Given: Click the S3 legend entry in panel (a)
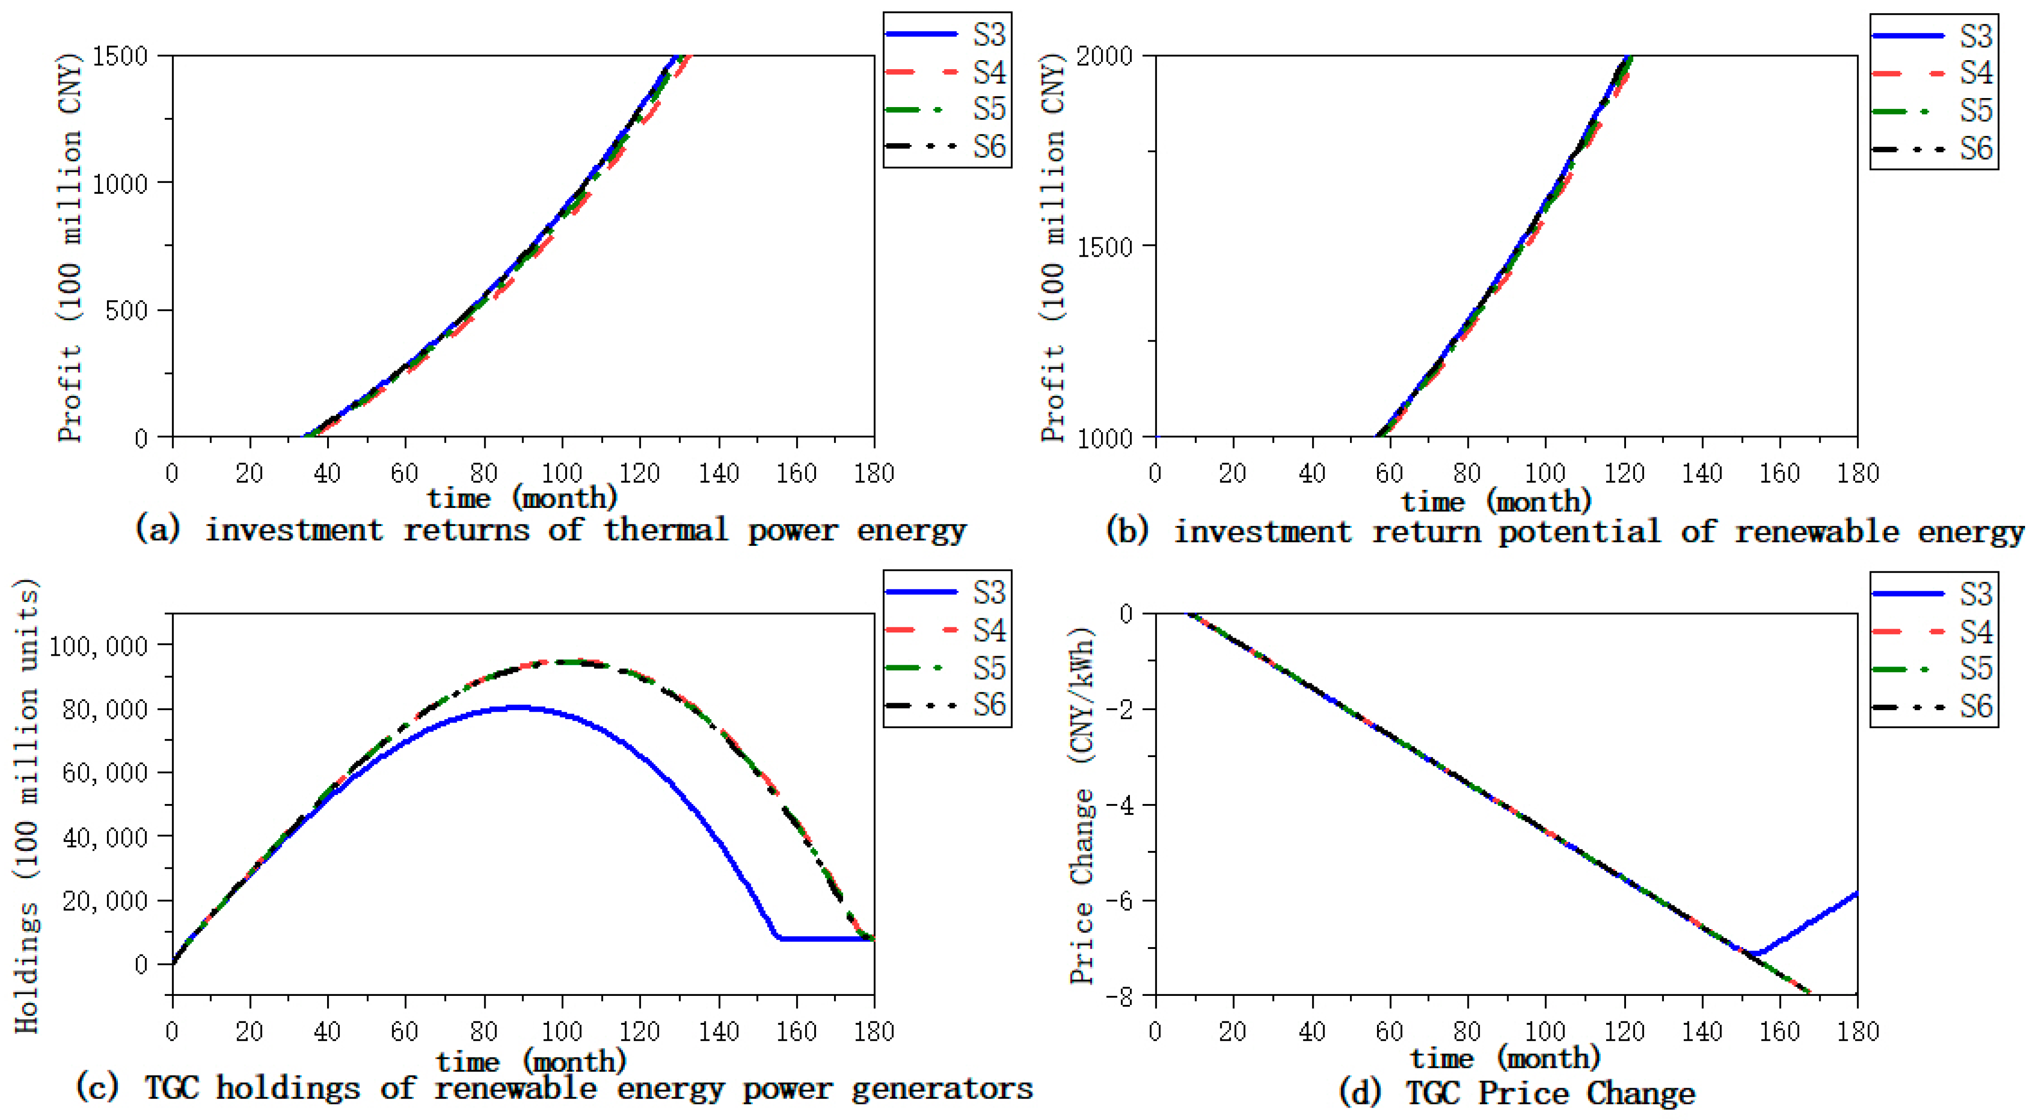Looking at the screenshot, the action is pos(946,34).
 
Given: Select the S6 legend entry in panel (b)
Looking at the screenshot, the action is pos(1933,149).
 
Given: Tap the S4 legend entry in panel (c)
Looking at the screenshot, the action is pos(946,630).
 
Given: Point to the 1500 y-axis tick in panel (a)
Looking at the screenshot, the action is pos(120,56).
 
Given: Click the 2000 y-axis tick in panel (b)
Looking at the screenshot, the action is pos(1103,56).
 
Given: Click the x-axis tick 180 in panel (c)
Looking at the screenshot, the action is pos(874,1031).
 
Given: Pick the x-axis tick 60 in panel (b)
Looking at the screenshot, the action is pos(1389,473).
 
